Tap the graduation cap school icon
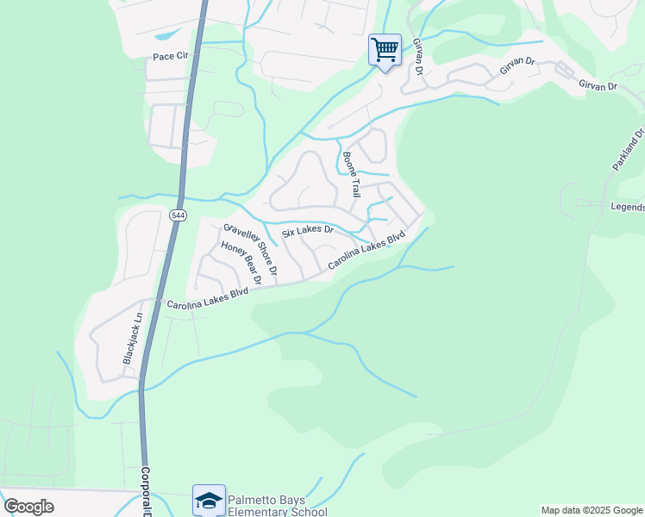(209, 500)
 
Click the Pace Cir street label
(170, 57)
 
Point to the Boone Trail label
(350, 173)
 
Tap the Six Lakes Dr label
(308, 231)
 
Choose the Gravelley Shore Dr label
(250, 249)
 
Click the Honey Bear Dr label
(241, 262)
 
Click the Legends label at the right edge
(627, 207)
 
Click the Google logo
(28, 507)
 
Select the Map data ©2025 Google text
(592, 510)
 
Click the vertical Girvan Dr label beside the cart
(417, 55)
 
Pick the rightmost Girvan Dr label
(598, 85)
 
